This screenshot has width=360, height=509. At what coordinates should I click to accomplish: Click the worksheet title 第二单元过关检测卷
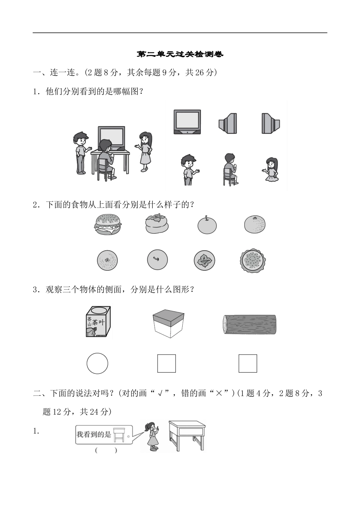click(180, 54)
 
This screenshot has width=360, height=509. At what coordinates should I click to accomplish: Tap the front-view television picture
click(187, 122)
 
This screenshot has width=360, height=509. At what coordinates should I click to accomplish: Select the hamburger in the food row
click(108, 224)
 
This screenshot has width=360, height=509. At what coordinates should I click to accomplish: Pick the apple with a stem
click(207, 225)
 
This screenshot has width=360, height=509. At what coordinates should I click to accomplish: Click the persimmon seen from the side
click(157, 224)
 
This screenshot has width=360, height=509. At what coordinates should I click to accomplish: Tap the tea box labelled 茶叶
click(98, 322)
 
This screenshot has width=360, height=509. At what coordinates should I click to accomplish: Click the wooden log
click(249, 324)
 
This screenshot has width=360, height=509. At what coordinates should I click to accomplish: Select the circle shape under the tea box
click(97, 364)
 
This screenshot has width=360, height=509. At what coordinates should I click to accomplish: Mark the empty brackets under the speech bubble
click(106, 450)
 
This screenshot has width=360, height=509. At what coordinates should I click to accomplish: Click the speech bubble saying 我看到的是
click(104, 434)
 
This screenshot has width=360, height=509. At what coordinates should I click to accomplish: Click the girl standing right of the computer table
click(145, 152)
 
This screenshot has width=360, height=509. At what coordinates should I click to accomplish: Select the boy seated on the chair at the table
click(105, 157)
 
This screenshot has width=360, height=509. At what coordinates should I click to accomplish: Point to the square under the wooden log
click(248, 364)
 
